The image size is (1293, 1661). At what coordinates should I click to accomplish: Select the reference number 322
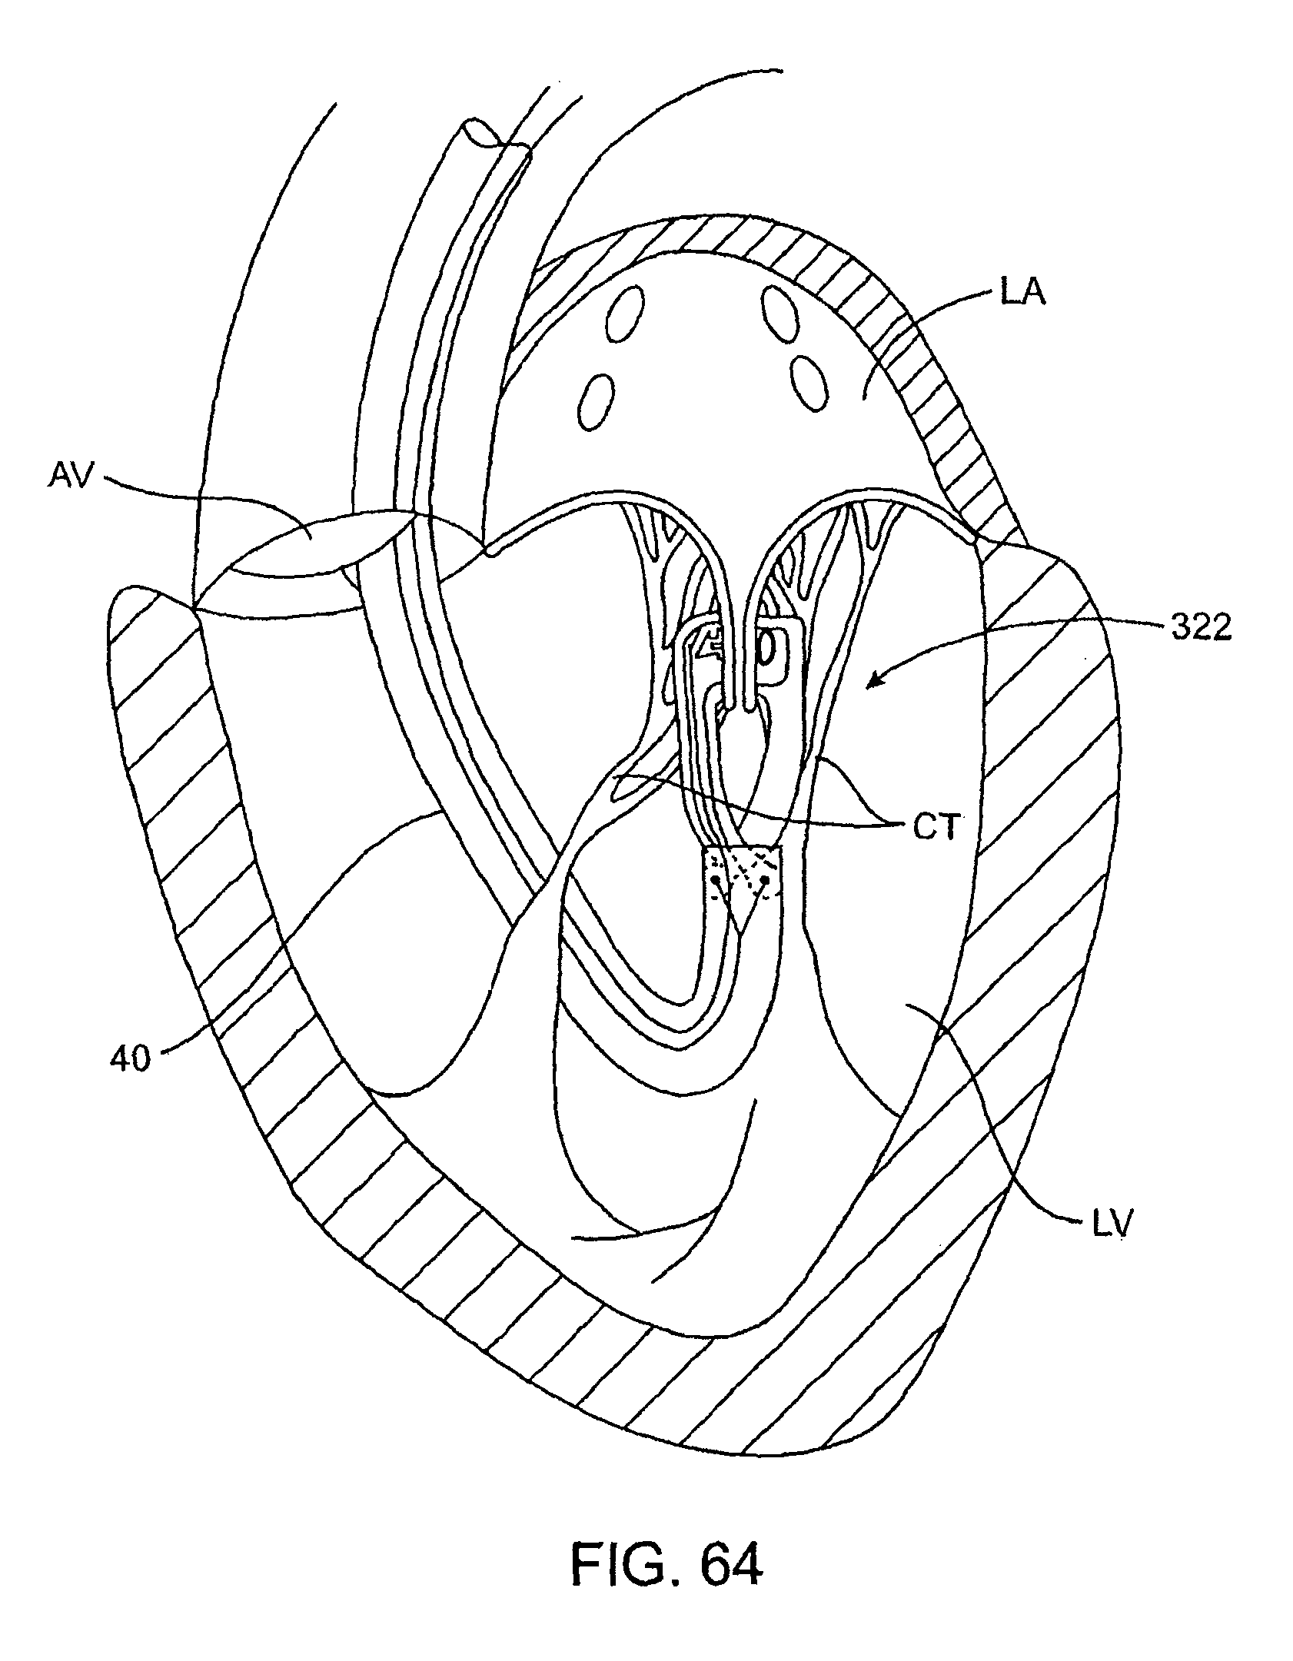(x=1201, y=628)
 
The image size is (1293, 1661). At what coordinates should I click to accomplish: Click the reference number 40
(x=130, y=1060)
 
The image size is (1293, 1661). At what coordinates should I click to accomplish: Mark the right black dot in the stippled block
(x=766, y=879)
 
